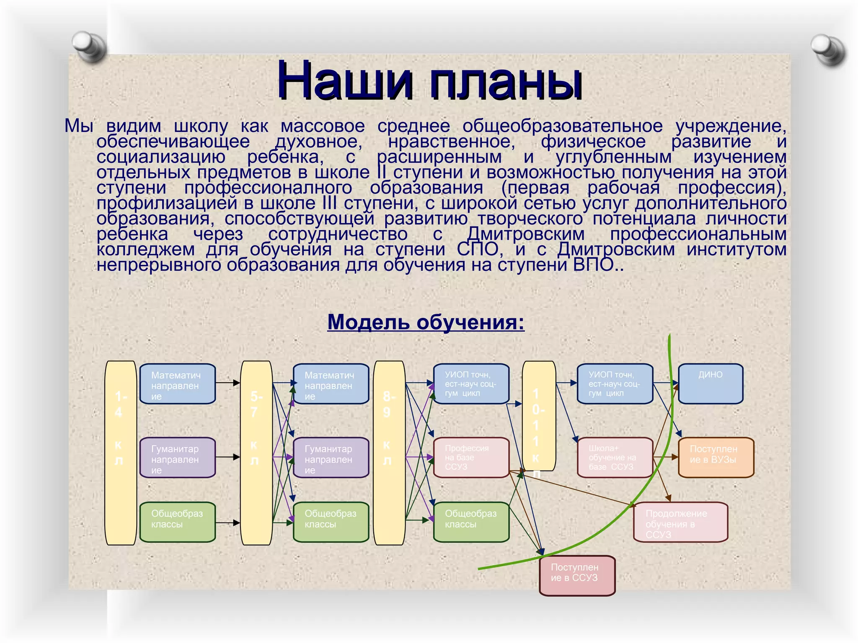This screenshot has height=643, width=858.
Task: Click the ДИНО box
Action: coord(710,383)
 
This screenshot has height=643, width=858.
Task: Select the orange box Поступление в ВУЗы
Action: coord(716,457)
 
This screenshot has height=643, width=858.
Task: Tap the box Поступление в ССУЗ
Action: coord(577,575)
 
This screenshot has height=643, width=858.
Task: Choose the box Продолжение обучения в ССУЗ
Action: coord(680,522)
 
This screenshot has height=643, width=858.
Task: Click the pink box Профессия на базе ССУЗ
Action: coord(471,457)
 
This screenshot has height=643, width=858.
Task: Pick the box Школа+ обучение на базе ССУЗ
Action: coord(615,457)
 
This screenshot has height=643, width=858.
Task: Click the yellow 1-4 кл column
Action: coord(121,453)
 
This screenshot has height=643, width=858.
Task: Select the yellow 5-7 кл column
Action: coord(256,453)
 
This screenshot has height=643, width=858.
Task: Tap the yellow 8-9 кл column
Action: coord(389,453)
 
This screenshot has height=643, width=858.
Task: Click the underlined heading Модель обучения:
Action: coord(426,322)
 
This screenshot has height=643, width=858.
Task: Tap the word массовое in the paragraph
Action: coord(323,126)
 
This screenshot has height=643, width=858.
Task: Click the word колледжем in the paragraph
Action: coord(145,249)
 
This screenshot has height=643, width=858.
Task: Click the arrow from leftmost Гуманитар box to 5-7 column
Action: coord(227,457)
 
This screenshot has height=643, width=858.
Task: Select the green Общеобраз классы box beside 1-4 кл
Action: coord(177,522)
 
